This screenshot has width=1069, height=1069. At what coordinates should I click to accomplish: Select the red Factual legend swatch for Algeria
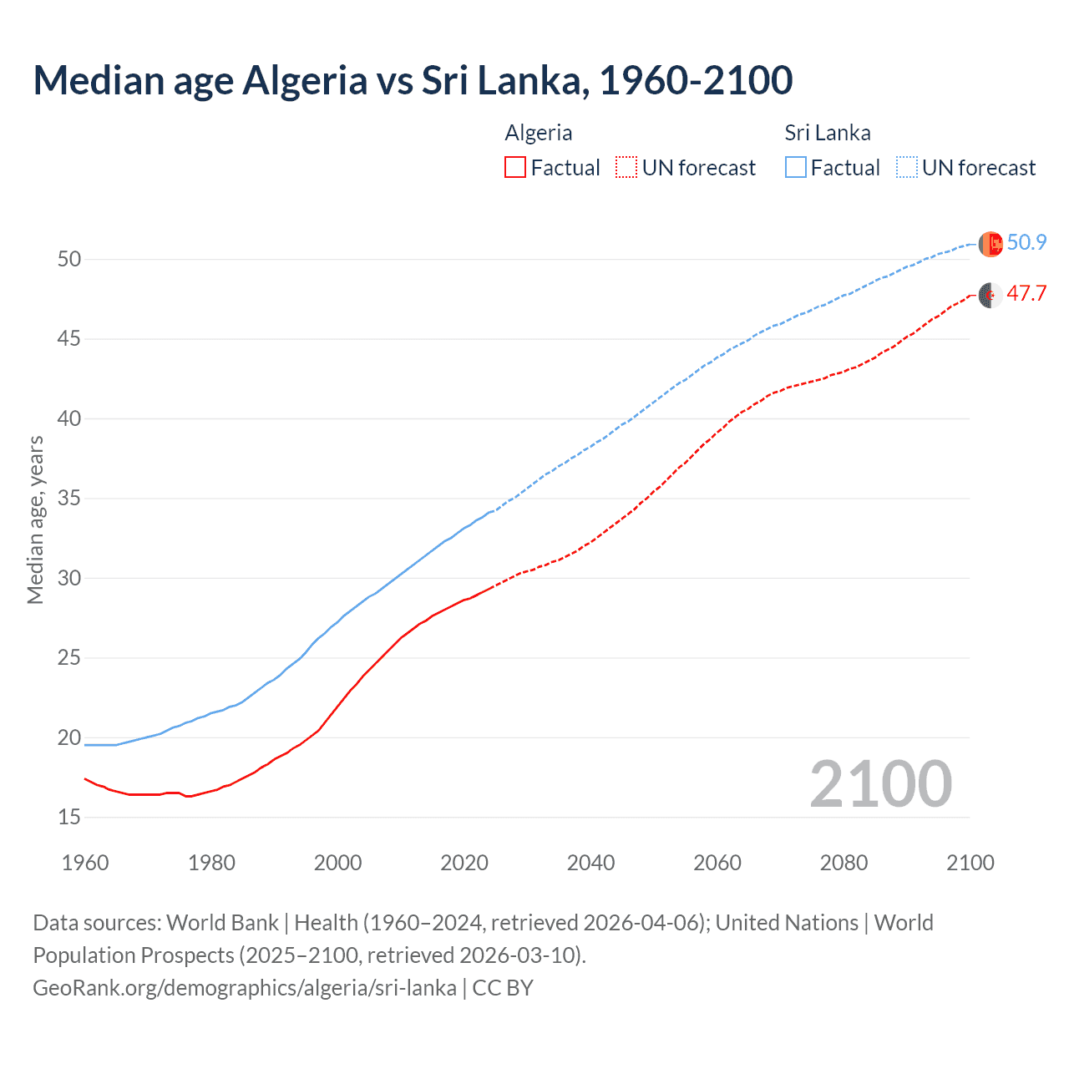pos(515,168)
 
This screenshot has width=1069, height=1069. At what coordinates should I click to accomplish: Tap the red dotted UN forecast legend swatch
pos(626,168)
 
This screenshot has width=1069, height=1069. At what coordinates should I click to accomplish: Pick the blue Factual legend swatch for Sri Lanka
pos(796,168)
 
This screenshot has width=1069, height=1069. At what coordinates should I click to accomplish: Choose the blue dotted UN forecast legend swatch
pos(906,168)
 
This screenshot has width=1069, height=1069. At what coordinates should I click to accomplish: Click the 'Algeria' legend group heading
pos(539,133)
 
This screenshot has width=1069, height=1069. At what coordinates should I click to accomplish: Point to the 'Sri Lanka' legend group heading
pos(827,133)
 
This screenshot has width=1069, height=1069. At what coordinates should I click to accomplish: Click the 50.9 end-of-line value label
pos(1026,243)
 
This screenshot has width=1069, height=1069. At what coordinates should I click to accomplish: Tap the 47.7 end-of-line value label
pos(1026,294)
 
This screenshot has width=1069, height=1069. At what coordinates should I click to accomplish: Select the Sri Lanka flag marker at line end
pos(990,244)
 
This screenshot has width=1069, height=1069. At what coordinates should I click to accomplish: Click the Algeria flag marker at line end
pos(990,295)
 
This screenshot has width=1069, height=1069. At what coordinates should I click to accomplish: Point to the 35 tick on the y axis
pos(69,499)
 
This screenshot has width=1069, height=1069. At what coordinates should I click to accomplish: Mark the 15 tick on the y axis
pos(69,817)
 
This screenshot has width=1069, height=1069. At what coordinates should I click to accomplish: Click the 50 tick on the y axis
pos(69,260)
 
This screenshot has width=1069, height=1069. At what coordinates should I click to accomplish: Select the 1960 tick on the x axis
pos(85,863)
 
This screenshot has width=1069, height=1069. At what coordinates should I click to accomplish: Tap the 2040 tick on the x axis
pos(590,863)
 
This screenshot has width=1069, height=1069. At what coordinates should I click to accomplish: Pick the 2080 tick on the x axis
pos(844,863)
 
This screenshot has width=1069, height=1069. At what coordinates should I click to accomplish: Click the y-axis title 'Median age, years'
pos(35,519)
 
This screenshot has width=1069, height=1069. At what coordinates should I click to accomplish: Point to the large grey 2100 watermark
pos(880,783)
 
